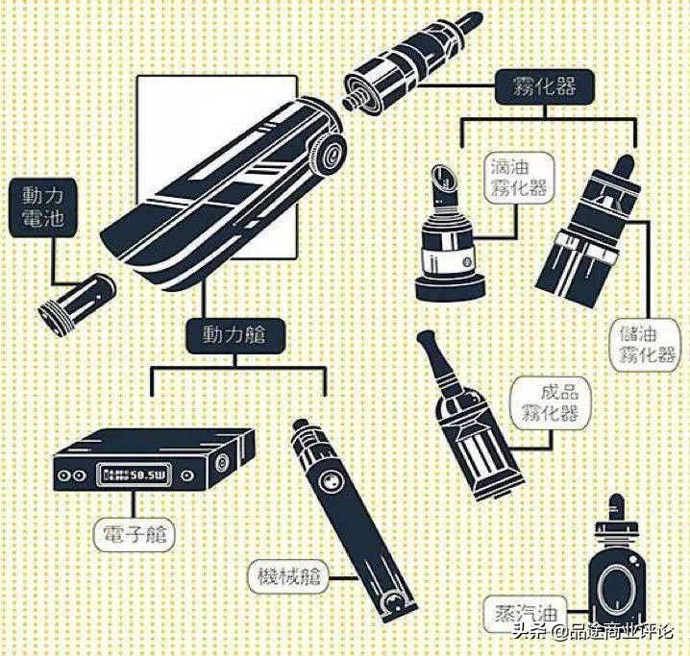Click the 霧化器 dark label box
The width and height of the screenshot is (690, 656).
(545, 86)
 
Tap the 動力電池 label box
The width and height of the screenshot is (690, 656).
(42, 207)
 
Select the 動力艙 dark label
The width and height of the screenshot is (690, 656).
(234, 335)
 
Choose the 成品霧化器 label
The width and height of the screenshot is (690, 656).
(550, 401)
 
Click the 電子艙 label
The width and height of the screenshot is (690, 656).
(135, 535)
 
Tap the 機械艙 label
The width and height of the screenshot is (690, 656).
(288, 576)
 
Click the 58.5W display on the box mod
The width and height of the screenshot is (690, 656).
(134, 474)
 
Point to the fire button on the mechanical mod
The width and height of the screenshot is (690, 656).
(330, 482)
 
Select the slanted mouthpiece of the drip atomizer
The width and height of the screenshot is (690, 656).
(444, 182)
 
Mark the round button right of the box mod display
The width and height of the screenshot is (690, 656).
(188, 475)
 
